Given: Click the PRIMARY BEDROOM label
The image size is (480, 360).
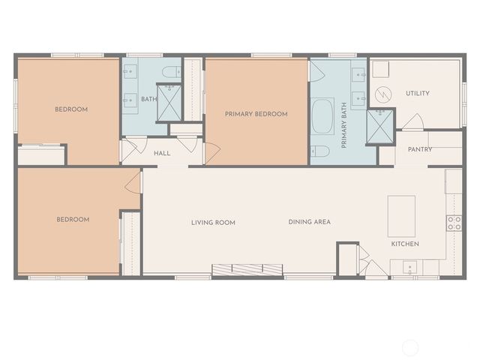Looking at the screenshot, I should point(256,114).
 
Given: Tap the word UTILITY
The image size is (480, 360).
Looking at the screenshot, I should point(418,94).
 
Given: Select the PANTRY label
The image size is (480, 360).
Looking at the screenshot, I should point(418,150).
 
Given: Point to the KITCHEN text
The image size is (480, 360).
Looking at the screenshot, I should point(405,244).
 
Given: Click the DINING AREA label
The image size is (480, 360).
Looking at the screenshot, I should point(310,222).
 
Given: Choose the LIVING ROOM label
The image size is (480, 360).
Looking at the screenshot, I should point(213,223).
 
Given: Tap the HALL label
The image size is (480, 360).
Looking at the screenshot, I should point(162,154).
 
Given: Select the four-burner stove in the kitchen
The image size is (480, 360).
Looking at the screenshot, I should point(454,222).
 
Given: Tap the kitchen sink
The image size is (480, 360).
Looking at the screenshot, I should point(409,266).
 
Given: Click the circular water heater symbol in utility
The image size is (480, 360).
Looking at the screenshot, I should point(383,94).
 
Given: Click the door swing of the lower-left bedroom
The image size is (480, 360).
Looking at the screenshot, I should point(133,183).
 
